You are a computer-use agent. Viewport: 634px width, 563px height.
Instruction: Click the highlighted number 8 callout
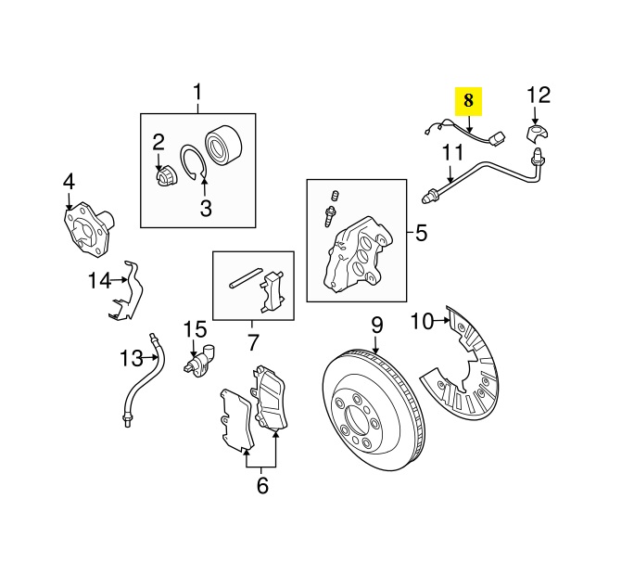(468, 98)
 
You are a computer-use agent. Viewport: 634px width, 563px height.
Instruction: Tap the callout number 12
(539, 95)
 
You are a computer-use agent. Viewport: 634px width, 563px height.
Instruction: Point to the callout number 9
(377, 325)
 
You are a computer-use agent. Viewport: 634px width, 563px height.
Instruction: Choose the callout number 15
(196, 328)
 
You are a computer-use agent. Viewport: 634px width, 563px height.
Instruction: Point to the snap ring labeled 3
(194, 162)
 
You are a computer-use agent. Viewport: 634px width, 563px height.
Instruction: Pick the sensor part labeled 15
(202, 360)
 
